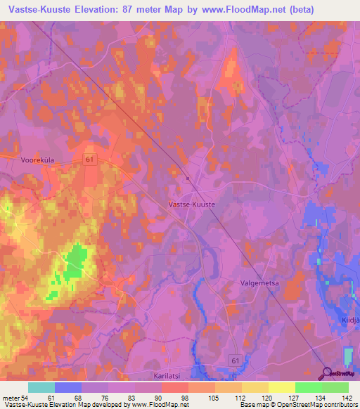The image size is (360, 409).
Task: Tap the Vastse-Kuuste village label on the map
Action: pyautogui.click(x=192, y=203)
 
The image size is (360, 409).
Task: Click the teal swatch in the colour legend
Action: pyautogui.click(x=41, y=387)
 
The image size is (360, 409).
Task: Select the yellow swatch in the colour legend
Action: pyautogui.click(x=281, y=387)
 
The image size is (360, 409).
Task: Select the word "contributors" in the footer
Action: pyautogui.click(x=338, y=405)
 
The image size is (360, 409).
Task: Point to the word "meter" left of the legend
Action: pyautogui.click(x=9, y=397)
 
